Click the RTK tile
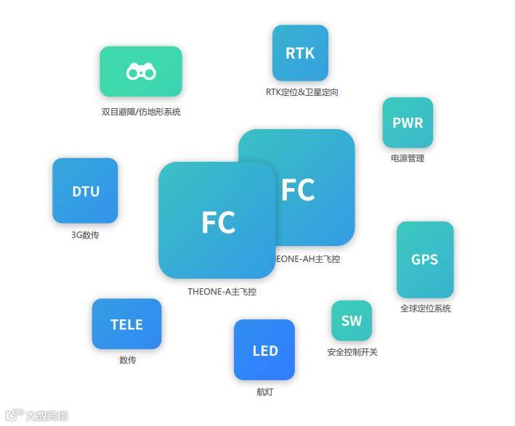300,53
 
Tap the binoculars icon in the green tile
141,71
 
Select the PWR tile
407,123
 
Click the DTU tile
85,191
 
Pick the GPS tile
425,259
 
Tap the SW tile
352,321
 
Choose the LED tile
264,350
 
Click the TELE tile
126,324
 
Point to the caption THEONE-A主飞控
222,292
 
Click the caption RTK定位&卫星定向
302,92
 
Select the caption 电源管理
407,158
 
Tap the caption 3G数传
85,234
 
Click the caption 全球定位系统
426,308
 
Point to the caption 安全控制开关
352,352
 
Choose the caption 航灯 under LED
264,392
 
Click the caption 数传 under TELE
127,360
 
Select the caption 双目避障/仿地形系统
141,112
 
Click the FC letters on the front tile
218,222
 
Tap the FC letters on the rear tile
298,189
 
